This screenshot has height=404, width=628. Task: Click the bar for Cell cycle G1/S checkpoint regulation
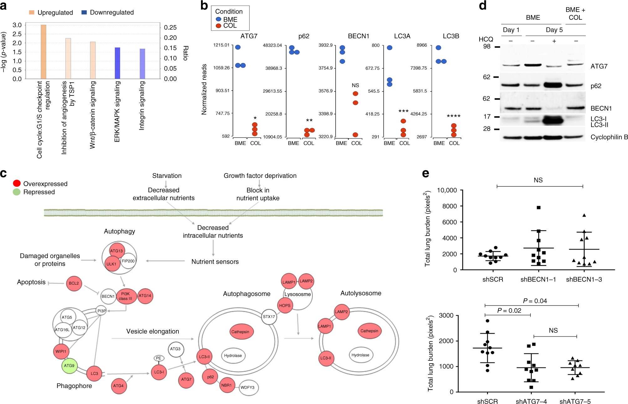[44, 52]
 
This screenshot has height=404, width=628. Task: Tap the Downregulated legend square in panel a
[84, 13]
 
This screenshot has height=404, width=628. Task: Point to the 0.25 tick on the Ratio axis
[170, 28]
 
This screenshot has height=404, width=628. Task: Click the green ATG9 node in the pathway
[69, 366]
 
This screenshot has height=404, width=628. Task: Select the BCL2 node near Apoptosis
[74, 283]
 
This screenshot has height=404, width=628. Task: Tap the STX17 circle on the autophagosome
[269, 317]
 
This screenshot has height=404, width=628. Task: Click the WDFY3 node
[247, 387]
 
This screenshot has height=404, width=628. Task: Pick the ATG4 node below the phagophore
[118, 386]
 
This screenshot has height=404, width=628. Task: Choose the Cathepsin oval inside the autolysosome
[369, 331]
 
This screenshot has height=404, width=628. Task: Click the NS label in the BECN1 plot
[355, 85]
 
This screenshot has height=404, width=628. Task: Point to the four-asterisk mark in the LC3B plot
[453, 117]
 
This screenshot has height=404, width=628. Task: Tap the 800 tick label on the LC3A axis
[375, 45]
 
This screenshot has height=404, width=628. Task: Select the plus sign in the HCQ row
[554, 41]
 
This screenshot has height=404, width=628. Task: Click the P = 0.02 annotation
[509, 311]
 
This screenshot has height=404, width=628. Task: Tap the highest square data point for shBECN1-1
[538, 208]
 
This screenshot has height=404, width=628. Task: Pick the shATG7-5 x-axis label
[575, 401]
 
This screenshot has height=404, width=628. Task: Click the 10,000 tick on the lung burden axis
[447, 190]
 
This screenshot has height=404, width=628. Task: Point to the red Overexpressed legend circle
[17, 184]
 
